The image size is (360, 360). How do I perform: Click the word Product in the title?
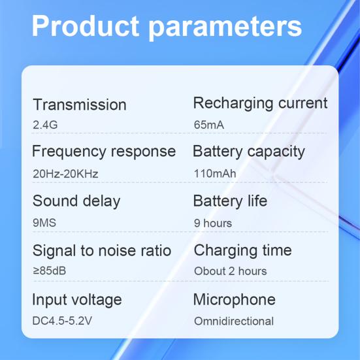pos(86,26)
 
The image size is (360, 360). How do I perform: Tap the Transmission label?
pos(80,105)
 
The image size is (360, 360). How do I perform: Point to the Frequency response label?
pos(104,152)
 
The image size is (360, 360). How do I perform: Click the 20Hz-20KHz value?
pos(65,174)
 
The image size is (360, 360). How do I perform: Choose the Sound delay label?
pos(76,201)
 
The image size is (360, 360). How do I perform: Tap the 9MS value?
pos(44,223)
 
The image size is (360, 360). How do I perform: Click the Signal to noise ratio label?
pos(102,250)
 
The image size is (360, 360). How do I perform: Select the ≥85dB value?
pos(50,270)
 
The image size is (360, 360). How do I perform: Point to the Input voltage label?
pos(77,300)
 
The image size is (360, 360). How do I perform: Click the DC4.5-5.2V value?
pos(61,321)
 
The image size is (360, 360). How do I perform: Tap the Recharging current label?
pos(260,103)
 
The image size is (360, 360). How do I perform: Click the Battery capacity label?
pos(249,152)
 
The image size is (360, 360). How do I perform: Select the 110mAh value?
pos(215,174)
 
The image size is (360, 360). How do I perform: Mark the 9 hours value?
pos(213,223)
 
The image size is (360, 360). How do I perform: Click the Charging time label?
pos(243,250)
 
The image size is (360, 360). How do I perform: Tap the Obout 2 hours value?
pos(231,270)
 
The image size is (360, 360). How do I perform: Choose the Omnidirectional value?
pos(234,321)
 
